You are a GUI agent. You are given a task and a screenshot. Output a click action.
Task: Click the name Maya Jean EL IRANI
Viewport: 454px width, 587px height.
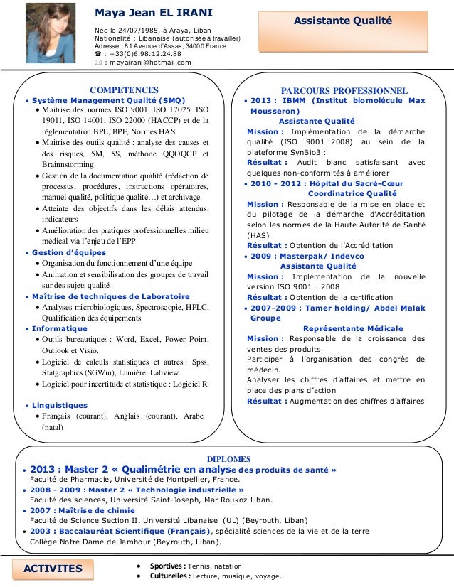[149, 13]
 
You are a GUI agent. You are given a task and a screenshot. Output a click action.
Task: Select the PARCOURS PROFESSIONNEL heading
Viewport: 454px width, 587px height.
[344, 91]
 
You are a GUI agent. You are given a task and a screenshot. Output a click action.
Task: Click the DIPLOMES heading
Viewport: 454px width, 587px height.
[227, 460]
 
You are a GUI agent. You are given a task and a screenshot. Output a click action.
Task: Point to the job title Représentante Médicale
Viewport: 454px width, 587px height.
[353, 328]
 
